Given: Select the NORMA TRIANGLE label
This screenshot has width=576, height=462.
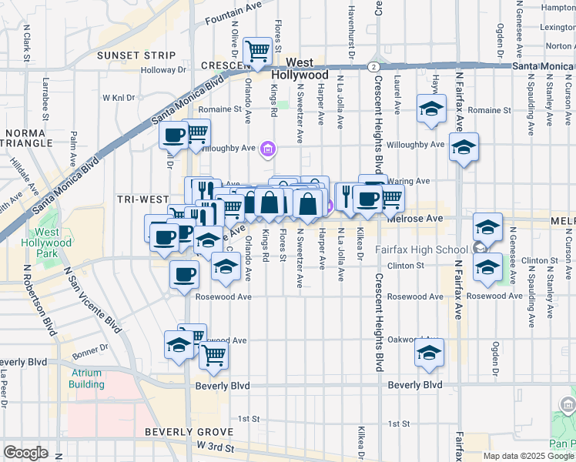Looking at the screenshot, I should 23,138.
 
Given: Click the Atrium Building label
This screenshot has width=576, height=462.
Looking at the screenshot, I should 85,379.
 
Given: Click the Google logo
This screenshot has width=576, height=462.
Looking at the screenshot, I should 25,453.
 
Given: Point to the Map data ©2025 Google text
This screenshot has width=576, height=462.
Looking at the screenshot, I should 527,456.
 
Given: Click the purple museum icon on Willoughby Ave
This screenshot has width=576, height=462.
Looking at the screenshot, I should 267,148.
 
